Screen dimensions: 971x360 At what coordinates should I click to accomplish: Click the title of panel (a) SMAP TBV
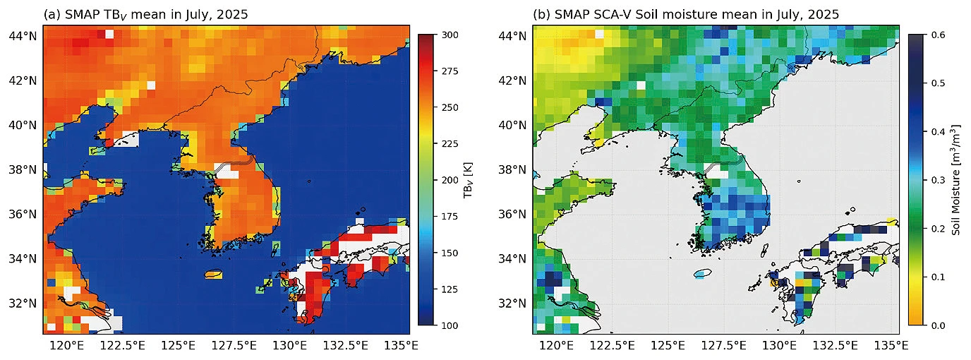pos(145,14)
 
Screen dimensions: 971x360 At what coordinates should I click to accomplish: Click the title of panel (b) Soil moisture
pos(686,14)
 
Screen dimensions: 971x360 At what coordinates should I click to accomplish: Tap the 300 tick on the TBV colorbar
pos(450,35)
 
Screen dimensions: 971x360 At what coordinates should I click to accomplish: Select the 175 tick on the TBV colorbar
pos(450,217)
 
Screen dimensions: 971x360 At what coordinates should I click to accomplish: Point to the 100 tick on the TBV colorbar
pos(450,325)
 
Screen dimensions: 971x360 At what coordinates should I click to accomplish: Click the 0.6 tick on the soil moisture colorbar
pos(939,35)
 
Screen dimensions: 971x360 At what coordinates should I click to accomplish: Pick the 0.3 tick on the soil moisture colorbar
pos(939,180)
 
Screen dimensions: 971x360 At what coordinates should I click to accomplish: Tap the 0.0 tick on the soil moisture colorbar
pos(939,325)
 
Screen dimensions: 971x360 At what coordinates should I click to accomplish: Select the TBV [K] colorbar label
pos(468,180)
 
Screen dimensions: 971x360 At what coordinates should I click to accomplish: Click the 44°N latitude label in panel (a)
pos(23,36)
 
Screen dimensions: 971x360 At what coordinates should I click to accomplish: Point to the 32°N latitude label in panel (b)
pos(513,304)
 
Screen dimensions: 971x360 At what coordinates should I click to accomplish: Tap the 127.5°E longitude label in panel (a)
pos(234,346)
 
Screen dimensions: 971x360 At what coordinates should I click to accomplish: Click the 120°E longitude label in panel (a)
pos(67,346)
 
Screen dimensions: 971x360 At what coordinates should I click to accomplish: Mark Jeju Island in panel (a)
pos(213,275)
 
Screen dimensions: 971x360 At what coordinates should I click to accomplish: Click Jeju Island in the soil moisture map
pos(703,274)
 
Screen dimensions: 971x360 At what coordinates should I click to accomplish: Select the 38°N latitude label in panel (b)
pos(513,169)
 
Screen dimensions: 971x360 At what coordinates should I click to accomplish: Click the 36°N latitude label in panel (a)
pos(23,215)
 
